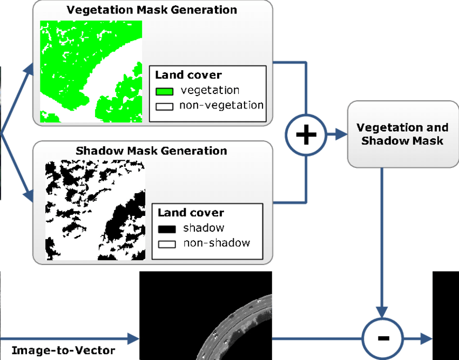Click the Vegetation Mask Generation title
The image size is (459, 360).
pyautogui.click(x=152, y=10)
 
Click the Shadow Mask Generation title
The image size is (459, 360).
pyautogui.click(x=151, y=150)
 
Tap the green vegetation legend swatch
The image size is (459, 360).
pyautogui.click(x=164, y=91)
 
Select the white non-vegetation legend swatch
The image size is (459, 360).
pyautogui.click(x=164, y=106)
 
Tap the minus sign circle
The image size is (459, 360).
pyautogui.click(x=383, y=339)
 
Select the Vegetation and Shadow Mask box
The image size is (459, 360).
pyautogui.click(x=402, y=134)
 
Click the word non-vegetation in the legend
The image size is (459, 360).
pyautogui.click(x=221, y=105)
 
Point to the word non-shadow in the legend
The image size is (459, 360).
pyautogui.click(x=217, y=243)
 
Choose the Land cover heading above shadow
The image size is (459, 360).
pyautogui.click(x=191, y=213)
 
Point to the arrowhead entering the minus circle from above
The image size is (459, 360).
pyautogui.click(x=383, y=311)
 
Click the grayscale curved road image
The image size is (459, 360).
pyautogui.click(x=238, y=329)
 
